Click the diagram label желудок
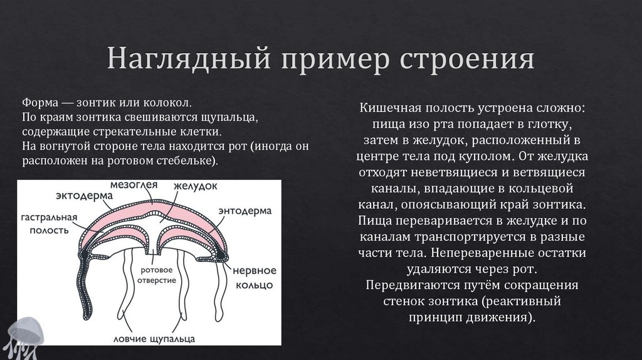195,186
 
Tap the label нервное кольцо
254,277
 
